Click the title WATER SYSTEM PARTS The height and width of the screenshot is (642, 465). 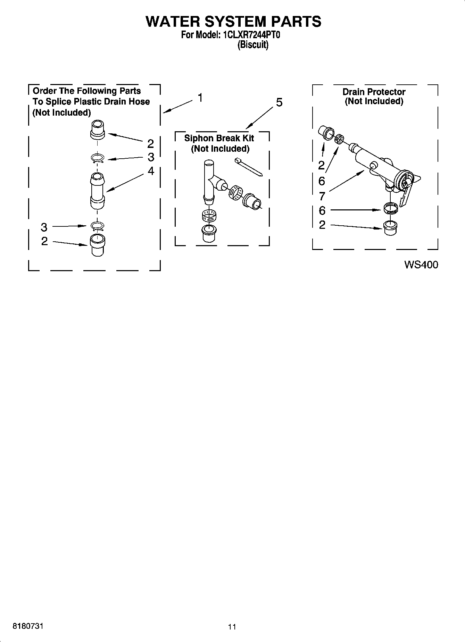click(233, 21)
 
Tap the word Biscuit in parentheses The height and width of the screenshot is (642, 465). click(253, 45)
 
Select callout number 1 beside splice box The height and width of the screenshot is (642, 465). click(200, 98)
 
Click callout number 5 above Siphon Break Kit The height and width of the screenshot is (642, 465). click(279, 102)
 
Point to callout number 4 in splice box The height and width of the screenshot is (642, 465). click(151, 171)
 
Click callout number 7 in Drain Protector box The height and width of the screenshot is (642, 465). click(322, 197)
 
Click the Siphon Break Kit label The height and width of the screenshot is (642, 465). click(219, 138)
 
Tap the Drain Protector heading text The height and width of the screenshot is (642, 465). click(374, 92)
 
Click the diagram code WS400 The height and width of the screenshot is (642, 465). click(421, 265)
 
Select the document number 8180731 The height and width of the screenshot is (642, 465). click(28, 626)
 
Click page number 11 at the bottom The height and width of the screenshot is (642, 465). click(232, 627)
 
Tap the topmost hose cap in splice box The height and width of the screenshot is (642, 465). click(97, 129)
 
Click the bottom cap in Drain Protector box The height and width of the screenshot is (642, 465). click(390, 227)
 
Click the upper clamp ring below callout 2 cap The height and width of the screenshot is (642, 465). click(98, 158)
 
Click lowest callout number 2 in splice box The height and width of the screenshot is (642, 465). click(44, 241)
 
